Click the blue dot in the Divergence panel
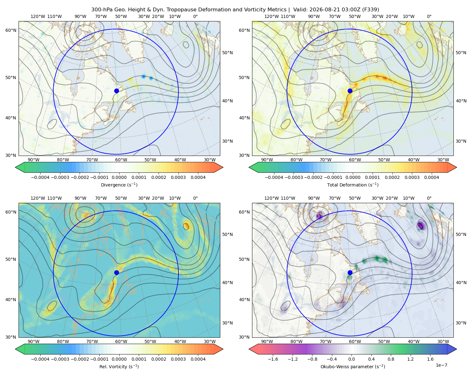click(x=116, y=91)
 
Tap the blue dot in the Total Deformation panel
click(x=350, y=91)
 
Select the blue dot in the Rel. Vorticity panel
click(x=116, y=272)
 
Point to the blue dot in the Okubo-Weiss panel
click(x=350, y=272)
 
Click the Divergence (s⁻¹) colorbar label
click(x=119, y=185)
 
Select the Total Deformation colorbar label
click(x=353, y=185)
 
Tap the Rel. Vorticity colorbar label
click(x=119, y=367)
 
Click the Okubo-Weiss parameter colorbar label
click(x=353, y=367)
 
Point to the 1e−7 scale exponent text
click(x=441, y=365)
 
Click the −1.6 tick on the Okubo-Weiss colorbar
click(x=273, y=359)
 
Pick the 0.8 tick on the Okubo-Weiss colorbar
click(x=391, y=359)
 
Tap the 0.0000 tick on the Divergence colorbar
click(x=119, y=177)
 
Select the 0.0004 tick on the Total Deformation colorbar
click(x=431, y=177)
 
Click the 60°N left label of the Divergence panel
click(x=11, y=30)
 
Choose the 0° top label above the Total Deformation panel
click(x=429, y=16)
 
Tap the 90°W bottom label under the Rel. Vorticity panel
click(x=34, y=341)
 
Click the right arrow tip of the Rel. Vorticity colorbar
click(x=223, y=349)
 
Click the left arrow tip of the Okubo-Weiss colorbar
click(x=249, y=349)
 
